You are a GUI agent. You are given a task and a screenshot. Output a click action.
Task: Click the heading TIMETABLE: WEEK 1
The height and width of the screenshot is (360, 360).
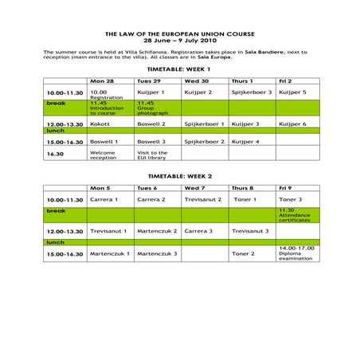(x=179, y=69)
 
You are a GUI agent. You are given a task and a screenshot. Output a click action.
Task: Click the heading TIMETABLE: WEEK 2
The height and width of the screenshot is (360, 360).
(x=179, y=176)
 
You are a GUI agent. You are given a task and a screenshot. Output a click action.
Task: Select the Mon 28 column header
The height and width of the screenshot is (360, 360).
(x=101, y=81)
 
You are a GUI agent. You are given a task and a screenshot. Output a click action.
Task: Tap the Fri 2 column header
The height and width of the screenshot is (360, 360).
(x=287, y=81)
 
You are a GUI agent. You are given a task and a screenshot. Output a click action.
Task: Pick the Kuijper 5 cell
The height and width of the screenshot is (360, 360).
(x=292, y=92)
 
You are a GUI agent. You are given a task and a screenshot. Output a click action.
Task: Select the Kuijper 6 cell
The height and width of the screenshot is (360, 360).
(x=292, y=124)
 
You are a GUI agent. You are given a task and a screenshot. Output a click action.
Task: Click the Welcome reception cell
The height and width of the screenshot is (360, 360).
(x=104, y=155)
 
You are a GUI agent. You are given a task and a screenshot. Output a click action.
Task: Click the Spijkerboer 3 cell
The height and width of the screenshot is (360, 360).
(x=251, y=92)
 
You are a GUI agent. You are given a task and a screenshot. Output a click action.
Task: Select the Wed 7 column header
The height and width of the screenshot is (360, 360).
(x=196, y=188)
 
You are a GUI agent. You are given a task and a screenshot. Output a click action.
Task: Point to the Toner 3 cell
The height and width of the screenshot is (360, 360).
(x=290, y=199)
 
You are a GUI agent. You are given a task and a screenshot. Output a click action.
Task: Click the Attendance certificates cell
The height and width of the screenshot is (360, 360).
(x=293, y=215)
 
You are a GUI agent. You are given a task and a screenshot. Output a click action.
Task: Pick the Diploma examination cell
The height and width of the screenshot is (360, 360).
(x=294, y=253)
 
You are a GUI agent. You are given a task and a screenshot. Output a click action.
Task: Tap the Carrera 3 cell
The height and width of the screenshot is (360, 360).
(x=198, y=231)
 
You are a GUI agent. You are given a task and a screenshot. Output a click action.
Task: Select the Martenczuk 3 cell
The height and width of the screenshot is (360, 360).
(x=157, y=253)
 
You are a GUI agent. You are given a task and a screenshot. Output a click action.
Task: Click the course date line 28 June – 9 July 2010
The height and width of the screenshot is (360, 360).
(x=179, y=39)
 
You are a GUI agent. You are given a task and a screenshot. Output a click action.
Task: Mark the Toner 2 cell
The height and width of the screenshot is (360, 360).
(x=243, y=253)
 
